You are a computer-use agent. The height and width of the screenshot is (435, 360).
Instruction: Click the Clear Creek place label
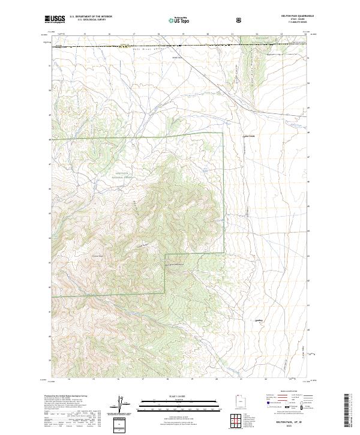(249, 136)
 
